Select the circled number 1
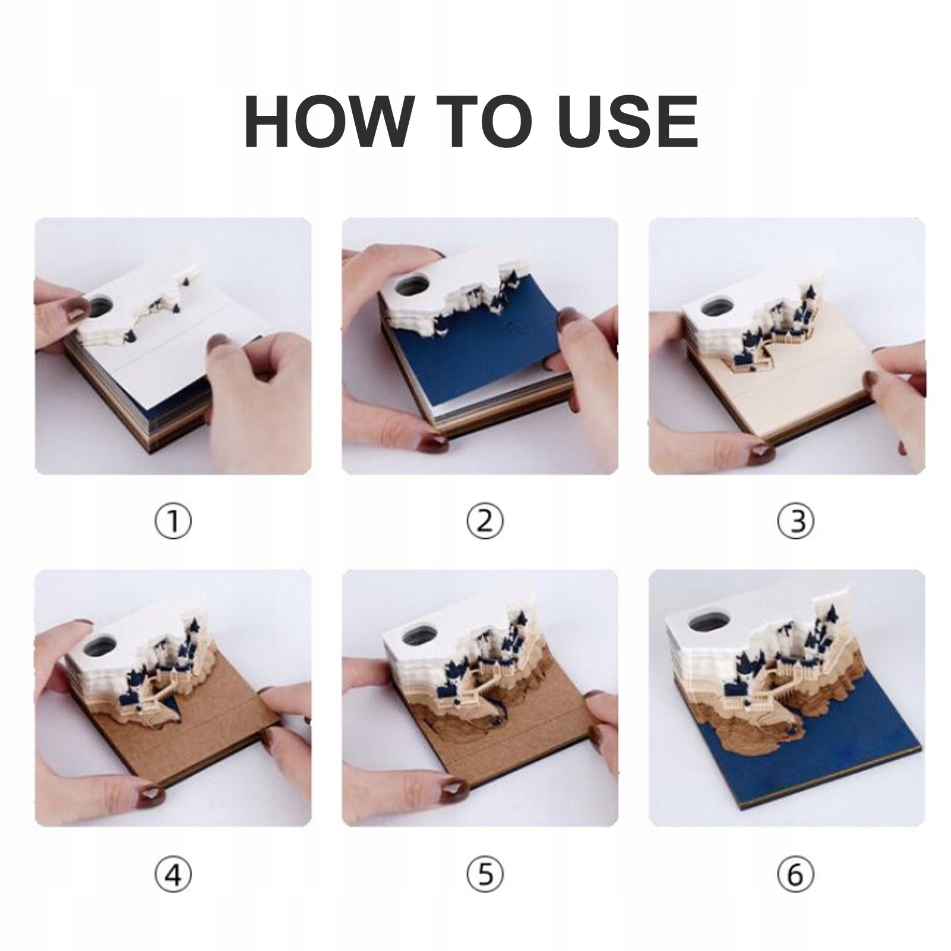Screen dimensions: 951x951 [173, 522]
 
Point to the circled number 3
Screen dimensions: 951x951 [794, 522]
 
